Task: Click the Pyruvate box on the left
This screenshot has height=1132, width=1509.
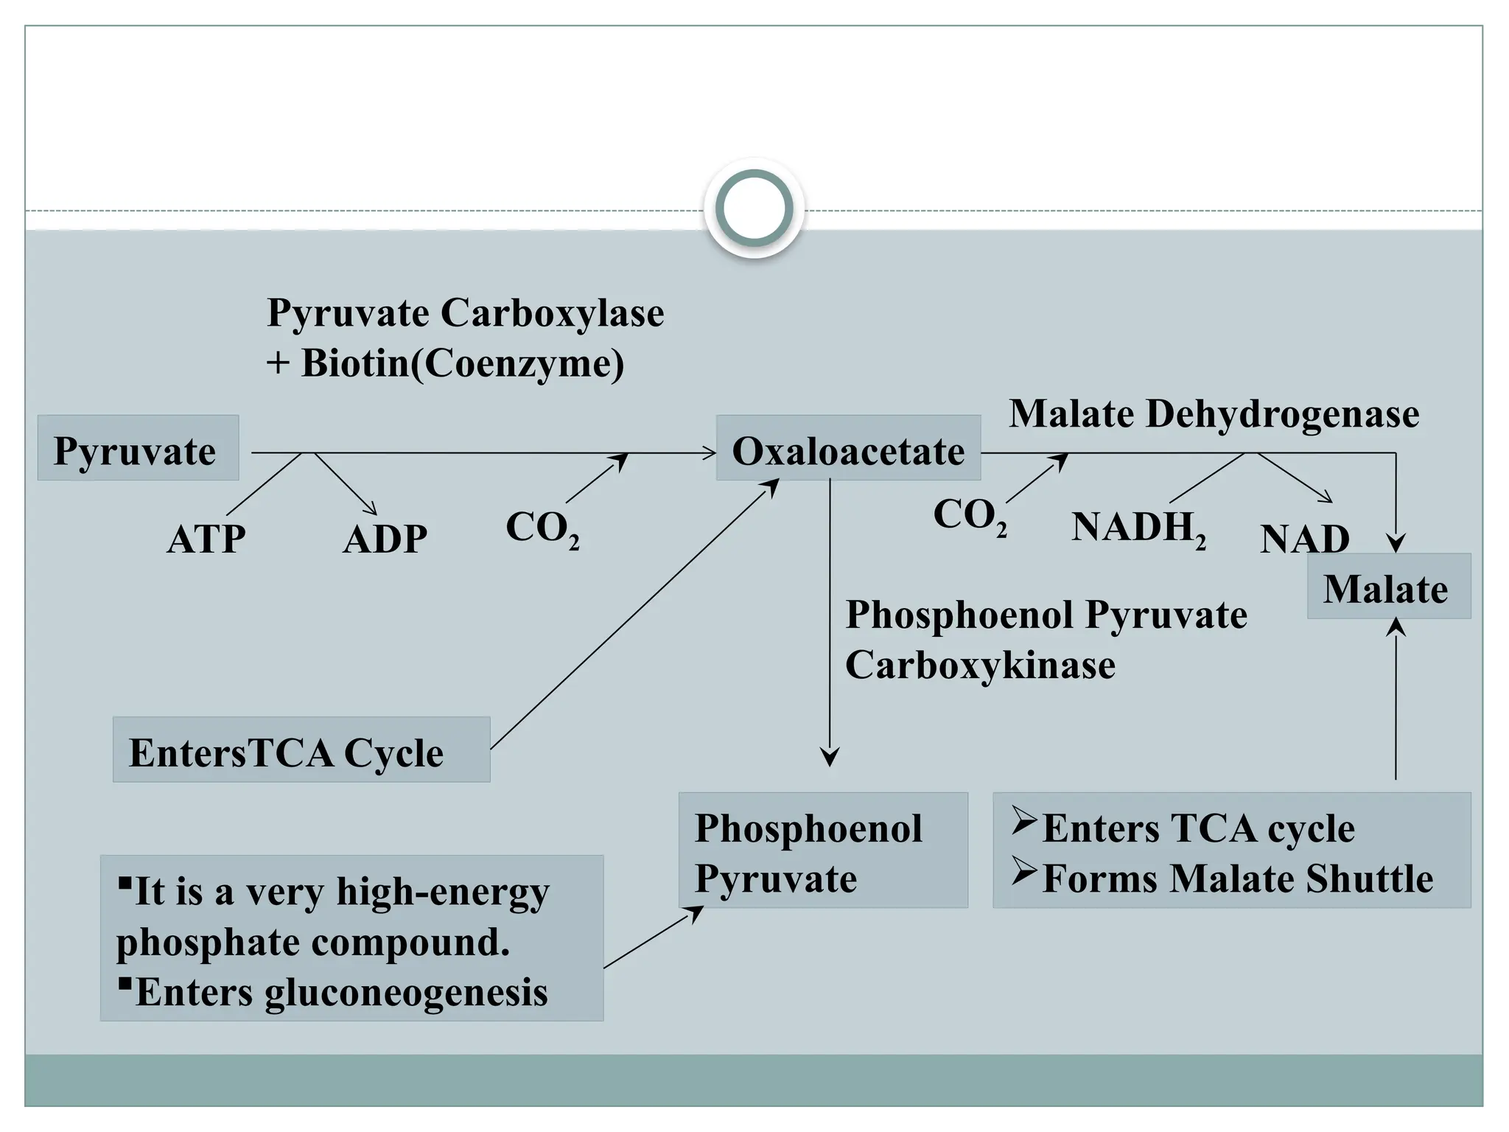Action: pos(138,448)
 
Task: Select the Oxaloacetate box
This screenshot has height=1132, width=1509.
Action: pos(848,448)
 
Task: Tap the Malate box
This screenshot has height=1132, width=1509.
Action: pos(1388,587)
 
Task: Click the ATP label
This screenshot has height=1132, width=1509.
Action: pos(206,539)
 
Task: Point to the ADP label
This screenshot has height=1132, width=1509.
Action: pos(385,539)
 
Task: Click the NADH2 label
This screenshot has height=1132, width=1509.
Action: pos(1138,528)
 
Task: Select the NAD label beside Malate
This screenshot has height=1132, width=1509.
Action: pos(1304,539)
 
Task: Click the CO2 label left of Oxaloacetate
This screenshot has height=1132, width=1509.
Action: pos(542,528)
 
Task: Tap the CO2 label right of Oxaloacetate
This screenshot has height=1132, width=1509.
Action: pos(970,515)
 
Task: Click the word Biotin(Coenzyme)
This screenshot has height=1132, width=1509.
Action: pos(462,363)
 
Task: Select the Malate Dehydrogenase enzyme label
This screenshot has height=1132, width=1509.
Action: pos(1214,413)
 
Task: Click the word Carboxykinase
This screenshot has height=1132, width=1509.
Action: pos(980,665)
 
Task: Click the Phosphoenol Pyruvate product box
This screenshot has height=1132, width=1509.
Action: pos(822,850)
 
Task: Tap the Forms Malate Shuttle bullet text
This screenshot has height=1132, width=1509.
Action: pos(1237,878)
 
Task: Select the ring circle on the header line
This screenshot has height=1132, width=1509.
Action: pos(754,208)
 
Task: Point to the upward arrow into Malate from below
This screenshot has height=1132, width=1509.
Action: pos(1396,700)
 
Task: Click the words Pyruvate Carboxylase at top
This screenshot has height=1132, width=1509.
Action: pos(465,312)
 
